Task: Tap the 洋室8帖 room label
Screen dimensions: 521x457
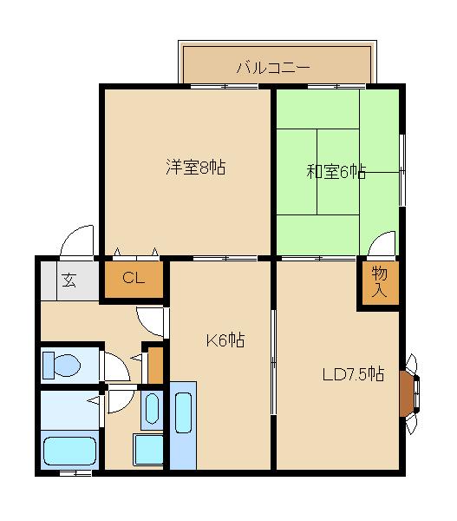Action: (x=196, y=168)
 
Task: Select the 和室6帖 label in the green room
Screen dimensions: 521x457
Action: (x=336, y=171)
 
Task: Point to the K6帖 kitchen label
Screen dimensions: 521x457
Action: (x=225, y=341)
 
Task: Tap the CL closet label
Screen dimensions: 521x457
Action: (x=133, y=279)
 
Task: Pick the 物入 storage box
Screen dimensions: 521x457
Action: (x=379, y=281)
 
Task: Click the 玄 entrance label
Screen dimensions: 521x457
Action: (x=68, y=280)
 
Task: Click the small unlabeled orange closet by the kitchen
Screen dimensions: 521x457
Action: (x=155, y=365)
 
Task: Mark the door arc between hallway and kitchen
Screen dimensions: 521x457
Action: (x=152, y=322)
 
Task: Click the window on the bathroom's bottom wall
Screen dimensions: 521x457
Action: (x=76, y=473)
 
